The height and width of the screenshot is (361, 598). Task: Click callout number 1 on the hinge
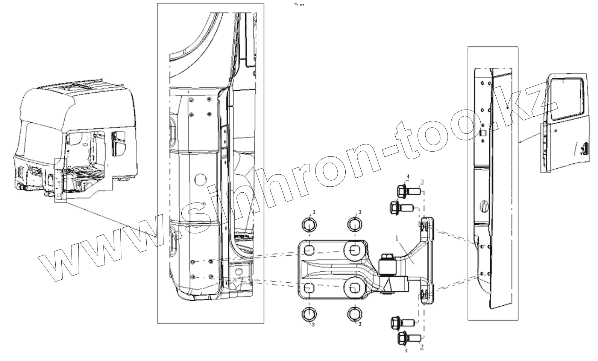click(x=397, y=238)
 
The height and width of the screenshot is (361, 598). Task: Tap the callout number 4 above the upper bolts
click(x=408, y=177)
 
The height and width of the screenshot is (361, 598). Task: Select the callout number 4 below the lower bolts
click(x=406, y=350)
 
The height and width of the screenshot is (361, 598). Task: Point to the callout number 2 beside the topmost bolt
click(x=422, y=182)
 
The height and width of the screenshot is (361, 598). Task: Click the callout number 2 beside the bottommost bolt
click(x=422, y=347)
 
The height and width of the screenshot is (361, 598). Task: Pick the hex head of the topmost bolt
click(x=402, y=192)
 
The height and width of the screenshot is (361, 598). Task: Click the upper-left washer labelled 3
click(x=309, y=225)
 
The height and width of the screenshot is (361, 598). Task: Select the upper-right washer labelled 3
click(x=355, y=224)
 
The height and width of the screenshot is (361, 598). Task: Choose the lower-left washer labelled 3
click(x=309, y=314)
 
